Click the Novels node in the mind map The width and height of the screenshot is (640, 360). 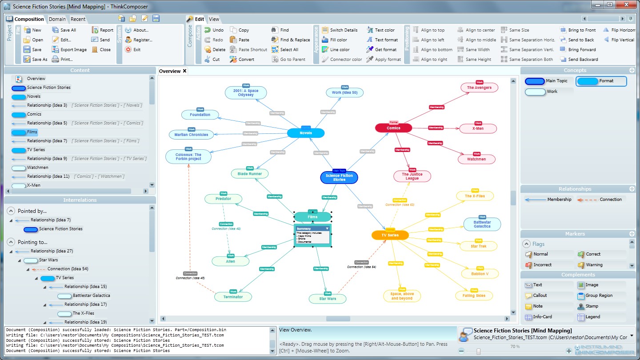coord(306,133)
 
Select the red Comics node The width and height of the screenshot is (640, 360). coord(393,128)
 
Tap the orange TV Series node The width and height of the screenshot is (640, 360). coord(390,235)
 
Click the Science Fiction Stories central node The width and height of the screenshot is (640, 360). coord(339,177)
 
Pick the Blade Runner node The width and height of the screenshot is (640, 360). coord(249,174)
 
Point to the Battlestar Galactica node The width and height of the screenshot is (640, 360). coord(482,224)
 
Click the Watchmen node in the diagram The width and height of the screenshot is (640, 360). coord(476,159)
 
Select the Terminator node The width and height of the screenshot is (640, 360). coord(233,297)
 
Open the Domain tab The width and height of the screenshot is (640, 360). coord(57,19)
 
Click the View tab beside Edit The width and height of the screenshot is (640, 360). coord(214,19)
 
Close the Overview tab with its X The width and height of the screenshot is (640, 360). coord(184,71)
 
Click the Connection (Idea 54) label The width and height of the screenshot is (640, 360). coord(361,267)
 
